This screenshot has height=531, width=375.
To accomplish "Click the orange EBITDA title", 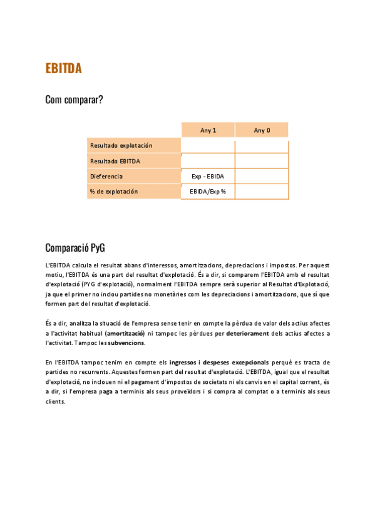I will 63,69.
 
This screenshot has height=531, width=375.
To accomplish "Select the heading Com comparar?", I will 74,100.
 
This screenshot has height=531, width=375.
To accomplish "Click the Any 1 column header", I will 208,130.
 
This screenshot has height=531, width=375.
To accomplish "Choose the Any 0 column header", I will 262,130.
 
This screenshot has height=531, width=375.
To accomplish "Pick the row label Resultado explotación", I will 121,145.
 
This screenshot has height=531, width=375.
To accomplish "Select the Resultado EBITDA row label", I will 115,161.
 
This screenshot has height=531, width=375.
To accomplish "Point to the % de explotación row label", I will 114,192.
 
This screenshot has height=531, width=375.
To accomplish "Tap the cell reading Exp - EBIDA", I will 208,177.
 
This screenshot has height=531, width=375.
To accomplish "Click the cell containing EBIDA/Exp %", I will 208,192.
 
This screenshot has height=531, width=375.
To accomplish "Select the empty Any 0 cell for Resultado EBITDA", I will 262,161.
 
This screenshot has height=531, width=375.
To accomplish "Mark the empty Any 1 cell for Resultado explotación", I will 208,145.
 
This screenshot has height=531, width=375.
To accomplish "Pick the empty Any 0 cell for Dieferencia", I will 262,177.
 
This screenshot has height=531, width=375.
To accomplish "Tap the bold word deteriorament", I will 248,333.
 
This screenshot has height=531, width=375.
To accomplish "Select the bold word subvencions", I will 126,343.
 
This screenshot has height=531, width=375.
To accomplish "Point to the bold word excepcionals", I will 244,363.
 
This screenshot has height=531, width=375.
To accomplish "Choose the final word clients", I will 55,401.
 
